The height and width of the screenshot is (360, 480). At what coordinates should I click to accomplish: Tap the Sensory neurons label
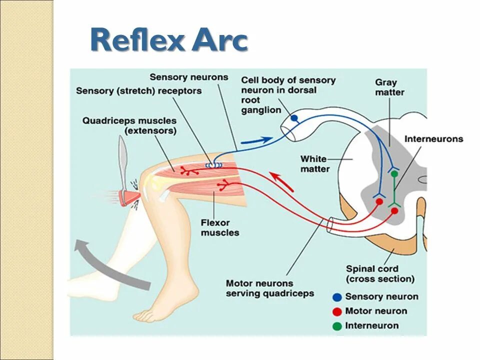[x=188, y=77]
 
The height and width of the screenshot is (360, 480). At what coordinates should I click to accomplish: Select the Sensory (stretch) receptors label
[x=138, y=91]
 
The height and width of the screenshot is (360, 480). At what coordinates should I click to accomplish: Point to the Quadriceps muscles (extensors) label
[x=129, y=125]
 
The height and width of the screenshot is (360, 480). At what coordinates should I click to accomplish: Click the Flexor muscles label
[x=219, y=227]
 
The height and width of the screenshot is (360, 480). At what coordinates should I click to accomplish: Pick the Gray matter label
[x=389, y=87]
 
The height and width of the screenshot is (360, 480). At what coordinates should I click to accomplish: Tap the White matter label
[x=314, y=164]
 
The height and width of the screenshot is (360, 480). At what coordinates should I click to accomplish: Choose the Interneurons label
[x=433, y=139]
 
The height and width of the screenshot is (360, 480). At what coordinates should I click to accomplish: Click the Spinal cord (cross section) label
[x=379, y=274]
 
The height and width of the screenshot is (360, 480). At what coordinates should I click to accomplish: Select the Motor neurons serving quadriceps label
[x=269, y=288]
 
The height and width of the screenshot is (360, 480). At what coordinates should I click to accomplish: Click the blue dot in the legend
[x=337, y=297]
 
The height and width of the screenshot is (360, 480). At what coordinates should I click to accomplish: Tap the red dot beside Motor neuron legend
[x=337, y=311]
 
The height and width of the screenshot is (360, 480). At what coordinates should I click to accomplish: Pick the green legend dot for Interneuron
[x=337, y=326]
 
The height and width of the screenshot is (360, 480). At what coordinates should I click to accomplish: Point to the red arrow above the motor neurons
[x=282, y=181]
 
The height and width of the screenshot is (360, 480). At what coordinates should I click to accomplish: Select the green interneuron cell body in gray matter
[x=394, y=174]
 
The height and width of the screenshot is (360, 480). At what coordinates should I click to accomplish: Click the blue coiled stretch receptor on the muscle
[x=212, y=164]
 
